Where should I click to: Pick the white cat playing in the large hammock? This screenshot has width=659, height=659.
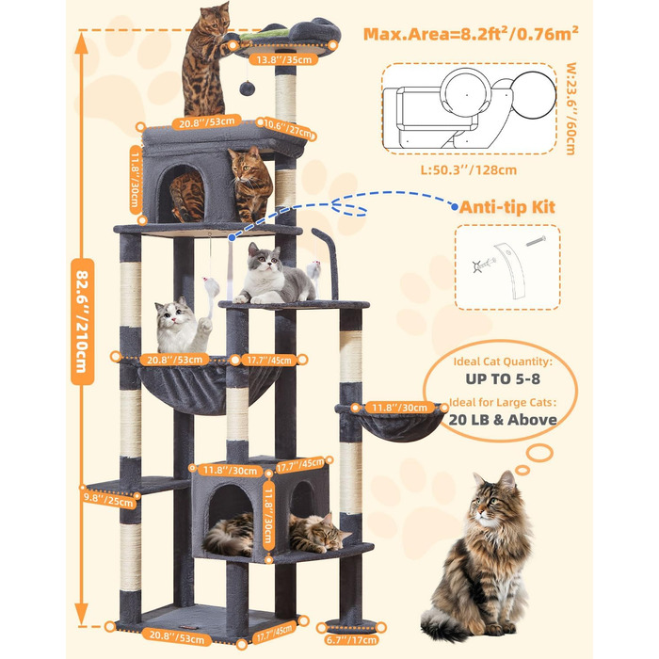[x=182, y=325]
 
